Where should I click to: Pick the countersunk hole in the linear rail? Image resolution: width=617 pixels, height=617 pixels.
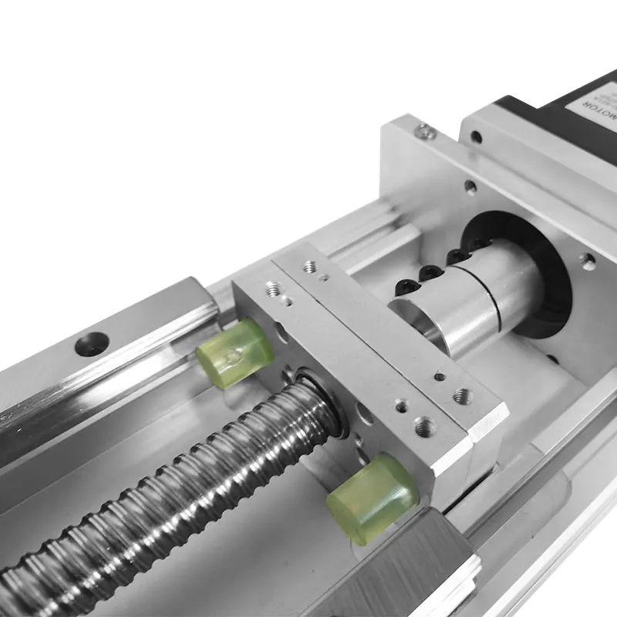91,342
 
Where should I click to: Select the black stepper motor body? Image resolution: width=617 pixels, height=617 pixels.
540,108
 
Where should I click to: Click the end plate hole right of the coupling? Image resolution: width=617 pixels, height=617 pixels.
588,262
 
